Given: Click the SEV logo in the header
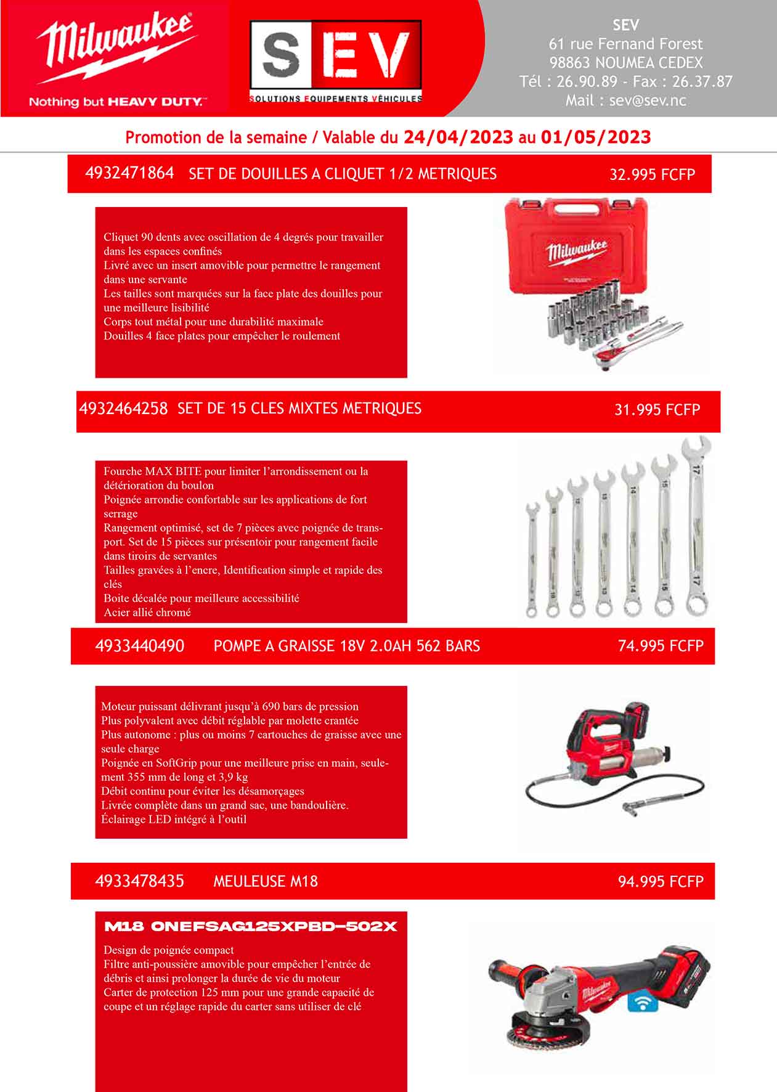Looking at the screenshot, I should tap(335, 60).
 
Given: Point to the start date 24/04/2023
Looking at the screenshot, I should tap(458, 137).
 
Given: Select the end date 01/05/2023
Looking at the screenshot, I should tap(595, 137).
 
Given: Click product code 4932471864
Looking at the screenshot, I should tap(129, 173).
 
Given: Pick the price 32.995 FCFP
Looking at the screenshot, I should tap(652, 174).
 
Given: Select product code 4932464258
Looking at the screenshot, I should tap(123, 409).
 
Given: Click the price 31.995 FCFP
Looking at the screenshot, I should tap(657, 410).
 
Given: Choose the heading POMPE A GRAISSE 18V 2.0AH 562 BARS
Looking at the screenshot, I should tap(346, 646).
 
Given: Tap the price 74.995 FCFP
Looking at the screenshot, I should tap(661, 646).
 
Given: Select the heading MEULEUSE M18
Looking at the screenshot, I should tap(266, 881).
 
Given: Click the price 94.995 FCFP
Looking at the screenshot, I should tap(661, 881).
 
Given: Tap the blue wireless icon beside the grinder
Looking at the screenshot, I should tap(641, 1003).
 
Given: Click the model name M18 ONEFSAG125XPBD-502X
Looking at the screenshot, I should tap(251, 927).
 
